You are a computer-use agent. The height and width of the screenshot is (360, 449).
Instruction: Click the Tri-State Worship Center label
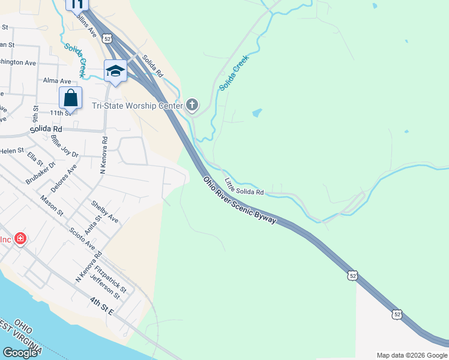(x=137, y=106)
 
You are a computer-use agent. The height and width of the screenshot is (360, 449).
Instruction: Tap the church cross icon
(x=192, y=106)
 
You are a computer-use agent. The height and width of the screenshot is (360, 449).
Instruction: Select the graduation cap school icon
(x=115, y=71)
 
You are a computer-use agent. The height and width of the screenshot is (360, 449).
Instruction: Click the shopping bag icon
(x=70, y=98)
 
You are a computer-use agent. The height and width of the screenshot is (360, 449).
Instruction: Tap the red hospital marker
(x=21, y=239)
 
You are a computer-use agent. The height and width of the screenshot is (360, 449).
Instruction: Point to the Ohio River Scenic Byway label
(x=240, y=200)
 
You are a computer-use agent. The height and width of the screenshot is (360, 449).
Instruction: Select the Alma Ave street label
(x=57, y=81)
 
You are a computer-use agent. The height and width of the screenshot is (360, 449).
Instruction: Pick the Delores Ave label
(x=64, y=179)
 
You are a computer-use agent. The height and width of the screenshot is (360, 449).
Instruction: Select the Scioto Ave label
(x=82, y=238)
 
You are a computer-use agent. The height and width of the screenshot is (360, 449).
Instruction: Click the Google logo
(x=19, y=353)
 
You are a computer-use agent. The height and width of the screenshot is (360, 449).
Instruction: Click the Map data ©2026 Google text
(x=411, y=355)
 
